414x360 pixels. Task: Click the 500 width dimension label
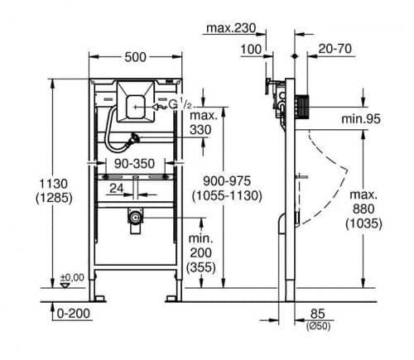[135, 57]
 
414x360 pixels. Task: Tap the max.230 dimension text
[231, 28]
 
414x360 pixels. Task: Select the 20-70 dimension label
[335, 49]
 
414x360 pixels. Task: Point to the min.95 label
[361, 119]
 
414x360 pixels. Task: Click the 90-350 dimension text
[134, 164]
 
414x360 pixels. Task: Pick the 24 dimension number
[117, 189]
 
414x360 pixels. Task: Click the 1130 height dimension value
[53, 184]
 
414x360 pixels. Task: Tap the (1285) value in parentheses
[54, 198]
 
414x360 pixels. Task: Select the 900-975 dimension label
[227, 181]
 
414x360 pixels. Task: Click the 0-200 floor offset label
[74, 314]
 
